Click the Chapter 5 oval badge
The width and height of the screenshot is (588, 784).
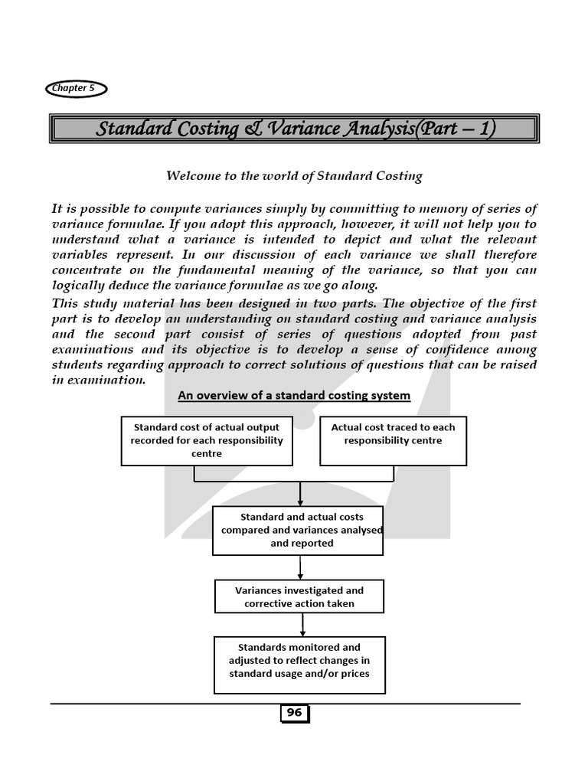[76, 89]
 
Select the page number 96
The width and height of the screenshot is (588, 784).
[294, 714]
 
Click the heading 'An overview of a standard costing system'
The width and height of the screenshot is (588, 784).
[294, 396]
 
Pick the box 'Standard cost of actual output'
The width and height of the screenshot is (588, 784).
[207, 440]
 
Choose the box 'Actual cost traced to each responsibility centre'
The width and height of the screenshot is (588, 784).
[393, 440]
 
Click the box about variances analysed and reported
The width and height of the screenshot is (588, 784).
[298, 530]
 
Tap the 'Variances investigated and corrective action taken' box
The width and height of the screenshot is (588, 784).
[299, 596]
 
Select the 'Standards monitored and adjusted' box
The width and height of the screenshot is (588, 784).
[299, 660]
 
